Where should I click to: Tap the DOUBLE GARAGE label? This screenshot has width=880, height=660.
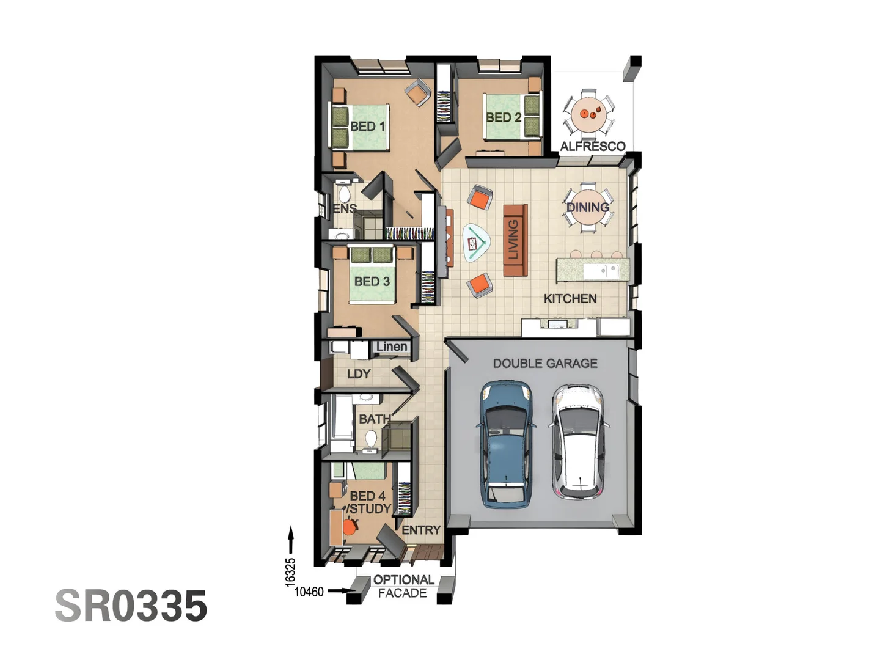tap(545, 364)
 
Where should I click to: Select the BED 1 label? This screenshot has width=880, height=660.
tap(367, 127)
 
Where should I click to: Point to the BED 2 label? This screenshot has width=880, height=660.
tap(504, 117)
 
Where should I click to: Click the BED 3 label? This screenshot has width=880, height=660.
tap(372, 282)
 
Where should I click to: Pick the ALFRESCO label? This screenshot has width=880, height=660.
tap(593, 146)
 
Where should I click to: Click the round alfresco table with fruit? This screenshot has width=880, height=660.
tap(589, 114)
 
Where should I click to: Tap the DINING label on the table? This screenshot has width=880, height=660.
tap(588, 207)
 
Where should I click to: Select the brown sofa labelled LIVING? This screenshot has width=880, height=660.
tap(515, 240)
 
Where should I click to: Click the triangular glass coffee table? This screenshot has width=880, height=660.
tap(477, 243)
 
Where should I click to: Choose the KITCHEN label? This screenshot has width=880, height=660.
tap(570, 299)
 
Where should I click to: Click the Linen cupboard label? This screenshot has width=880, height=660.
tap(392, 346)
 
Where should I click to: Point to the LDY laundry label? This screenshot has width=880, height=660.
tap(359, 374)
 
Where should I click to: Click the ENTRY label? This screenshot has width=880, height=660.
tap(421, 530)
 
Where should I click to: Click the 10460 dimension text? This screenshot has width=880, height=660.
tap(309, 592)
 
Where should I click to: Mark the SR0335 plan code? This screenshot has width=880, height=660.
tap(131, 606)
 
